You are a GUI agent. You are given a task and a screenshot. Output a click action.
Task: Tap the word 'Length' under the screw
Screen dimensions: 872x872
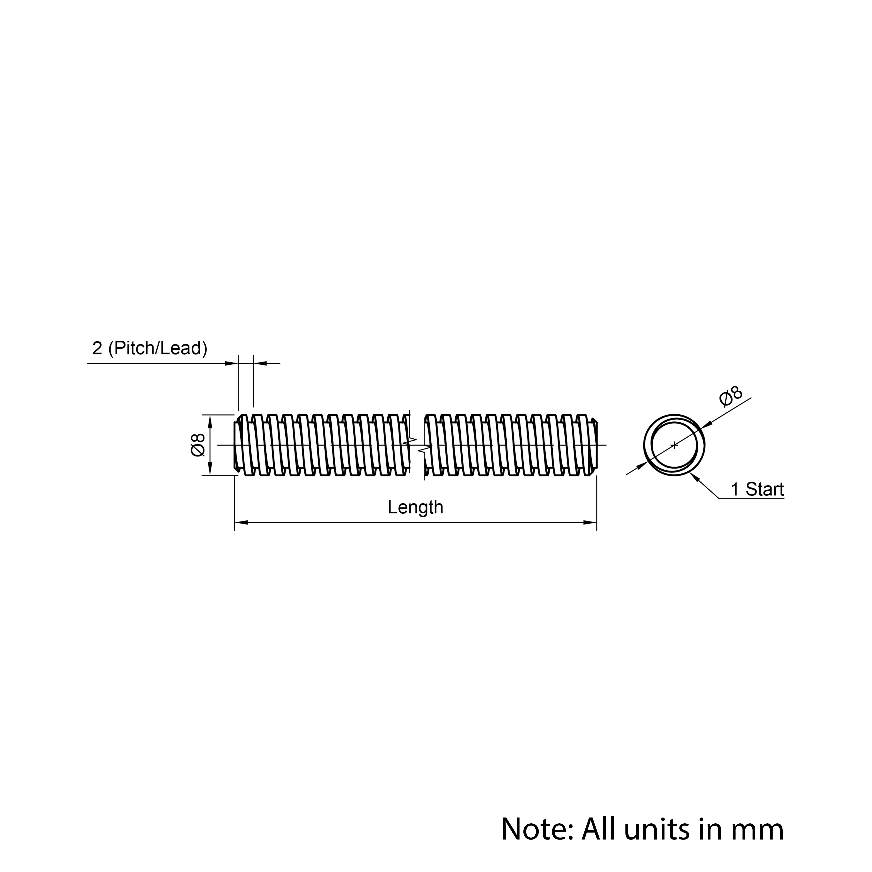pos(415,507)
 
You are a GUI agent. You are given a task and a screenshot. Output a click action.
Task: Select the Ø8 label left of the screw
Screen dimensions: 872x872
pos(198,445)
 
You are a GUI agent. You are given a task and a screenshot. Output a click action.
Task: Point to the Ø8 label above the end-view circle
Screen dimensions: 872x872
pos(730,396)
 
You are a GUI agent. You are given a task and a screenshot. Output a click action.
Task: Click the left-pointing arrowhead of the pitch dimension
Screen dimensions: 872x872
pos(260,363)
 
